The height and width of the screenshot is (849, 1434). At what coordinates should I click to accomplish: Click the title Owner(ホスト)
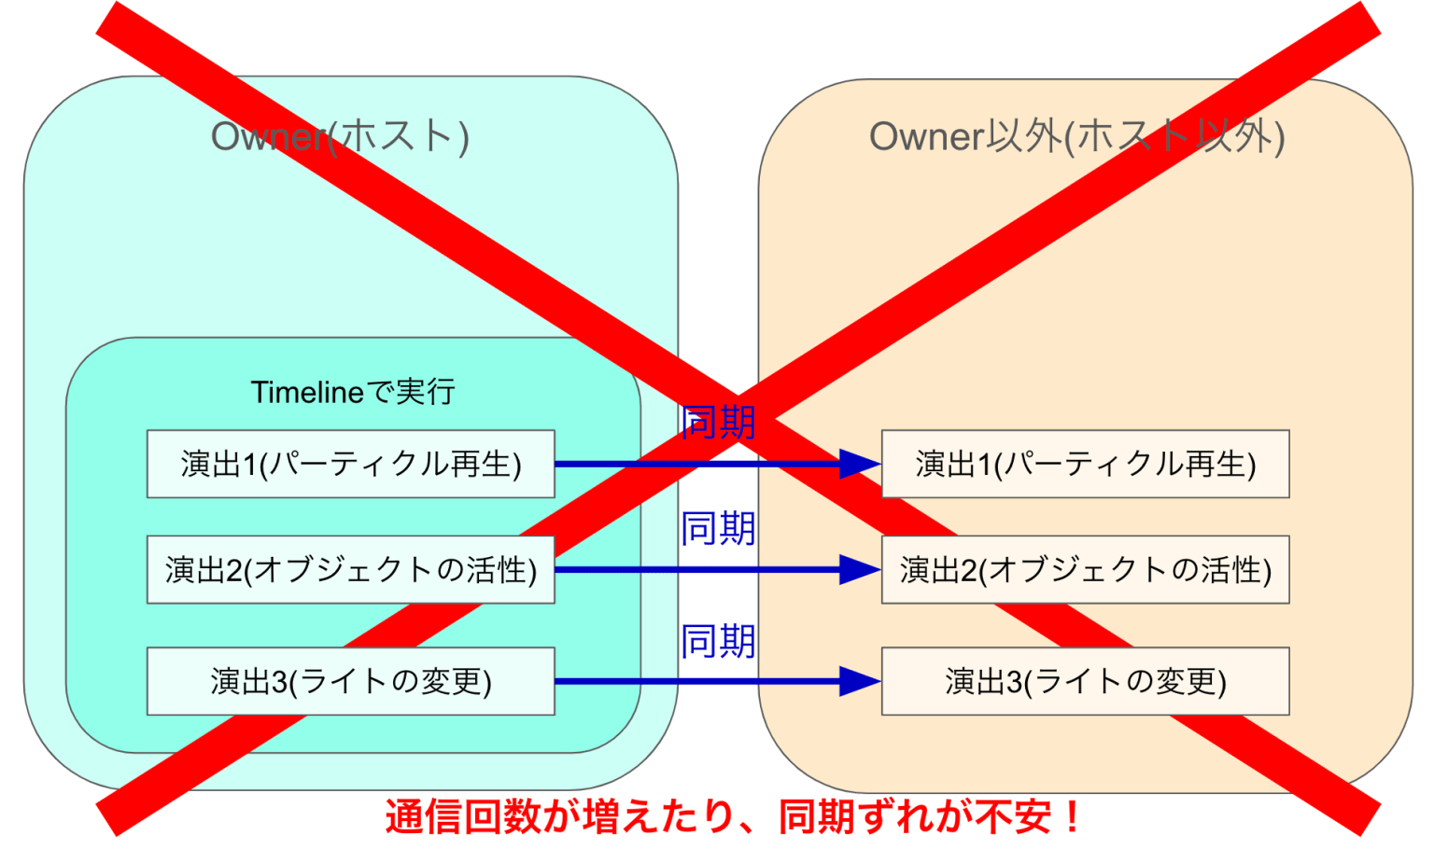click(x=340, y=136)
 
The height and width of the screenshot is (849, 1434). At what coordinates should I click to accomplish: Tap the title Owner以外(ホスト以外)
click(x=1076, y=136)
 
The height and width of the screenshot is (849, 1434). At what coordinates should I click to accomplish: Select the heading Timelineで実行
click(x=353, y=392)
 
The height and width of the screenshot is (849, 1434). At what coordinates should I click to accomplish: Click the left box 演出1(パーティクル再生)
click(x=350, y=464)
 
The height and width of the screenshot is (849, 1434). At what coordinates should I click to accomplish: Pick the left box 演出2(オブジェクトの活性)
click(x=350, y=569)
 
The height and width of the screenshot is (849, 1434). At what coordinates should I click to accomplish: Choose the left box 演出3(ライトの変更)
click(x=350, y=681)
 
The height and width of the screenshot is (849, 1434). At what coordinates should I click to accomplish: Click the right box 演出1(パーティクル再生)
click(x=1085, y=464)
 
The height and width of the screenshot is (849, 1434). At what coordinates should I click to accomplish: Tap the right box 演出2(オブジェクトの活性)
click(x=1085, y=569)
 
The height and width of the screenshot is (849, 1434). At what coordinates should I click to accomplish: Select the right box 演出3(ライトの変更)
click(x=1085, y=681)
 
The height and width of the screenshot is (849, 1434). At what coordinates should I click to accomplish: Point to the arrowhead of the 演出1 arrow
click(x=859, y=464)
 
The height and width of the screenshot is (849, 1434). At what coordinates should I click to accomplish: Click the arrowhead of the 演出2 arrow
click(x=859, y=569)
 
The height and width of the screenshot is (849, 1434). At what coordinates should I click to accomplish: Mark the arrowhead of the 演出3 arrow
click(x=859, y=681)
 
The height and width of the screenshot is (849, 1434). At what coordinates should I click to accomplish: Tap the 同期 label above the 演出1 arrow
click(x=718, y=424)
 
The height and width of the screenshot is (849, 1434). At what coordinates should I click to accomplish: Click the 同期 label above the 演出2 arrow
click(x=718, y=529)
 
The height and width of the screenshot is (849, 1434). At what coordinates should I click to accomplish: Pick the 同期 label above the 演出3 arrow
click(x=718, y=642)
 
